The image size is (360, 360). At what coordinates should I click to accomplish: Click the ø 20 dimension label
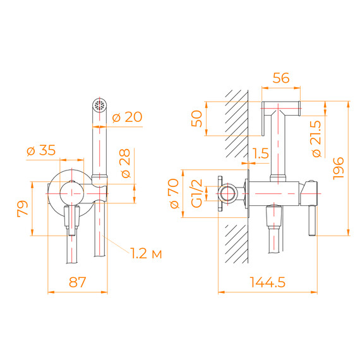coord(126,117)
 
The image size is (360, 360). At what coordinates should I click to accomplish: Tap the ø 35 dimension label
coord(40,150)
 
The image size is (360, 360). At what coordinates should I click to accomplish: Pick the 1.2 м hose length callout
coord(146,254)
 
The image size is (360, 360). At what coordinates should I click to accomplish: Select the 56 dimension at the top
coord(282,78)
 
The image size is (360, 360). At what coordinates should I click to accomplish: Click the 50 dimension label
coord(197,119)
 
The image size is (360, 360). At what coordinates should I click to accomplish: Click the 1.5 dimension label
coord(260,153)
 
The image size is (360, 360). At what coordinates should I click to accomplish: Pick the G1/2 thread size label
coord(196,193)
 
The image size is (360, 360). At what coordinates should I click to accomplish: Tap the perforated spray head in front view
coord(98,105)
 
